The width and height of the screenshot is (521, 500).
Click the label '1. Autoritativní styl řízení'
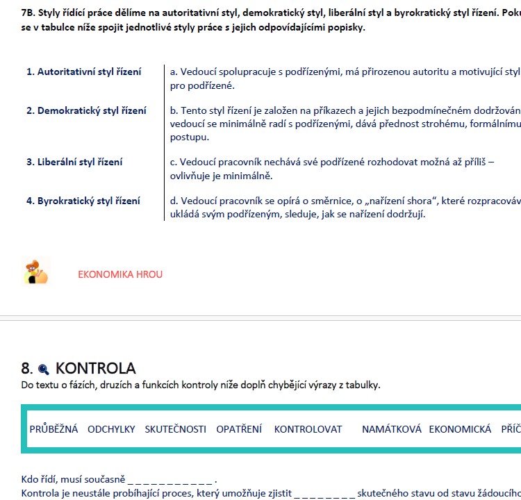click(x=84, y=72)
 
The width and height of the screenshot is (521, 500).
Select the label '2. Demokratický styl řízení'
click(x=86, y=111)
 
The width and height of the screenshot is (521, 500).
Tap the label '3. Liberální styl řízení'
click(x=74, y=162)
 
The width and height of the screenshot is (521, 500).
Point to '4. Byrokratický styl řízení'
click(x=83, y=201)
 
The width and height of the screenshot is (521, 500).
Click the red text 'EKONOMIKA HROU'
click(x=120, y=274)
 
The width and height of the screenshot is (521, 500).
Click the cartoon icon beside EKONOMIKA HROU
click(x=36, y=272)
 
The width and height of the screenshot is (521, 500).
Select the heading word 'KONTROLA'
click(x=95, y=369)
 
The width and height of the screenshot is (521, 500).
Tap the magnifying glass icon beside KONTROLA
click(x=44, y=369)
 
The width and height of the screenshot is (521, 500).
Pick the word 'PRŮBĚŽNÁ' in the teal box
click(x=54, y=429)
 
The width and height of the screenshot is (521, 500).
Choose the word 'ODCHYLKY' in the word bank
click(x=111, y=429)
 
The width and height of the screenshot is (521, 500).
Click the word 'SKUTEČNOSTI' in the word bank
click(x=176, y=429)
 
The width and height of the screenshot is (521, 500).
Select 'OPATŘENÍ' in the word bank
click(x=239, y=429)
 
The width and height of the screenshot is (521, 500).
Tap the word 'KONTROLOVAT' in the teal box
click(x=308, y=429)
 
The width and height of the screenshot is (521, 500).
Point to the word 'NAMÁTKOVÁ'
click(x=392, y=429)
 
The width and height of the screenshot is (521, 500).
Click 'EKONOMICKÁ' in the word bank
click(x=460, y=429)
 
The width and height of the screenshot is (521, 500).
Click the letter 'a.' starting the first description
click(x=174, y=72)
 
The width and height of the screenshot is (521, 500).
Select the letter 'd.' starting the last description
click(x=174, y=201)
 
